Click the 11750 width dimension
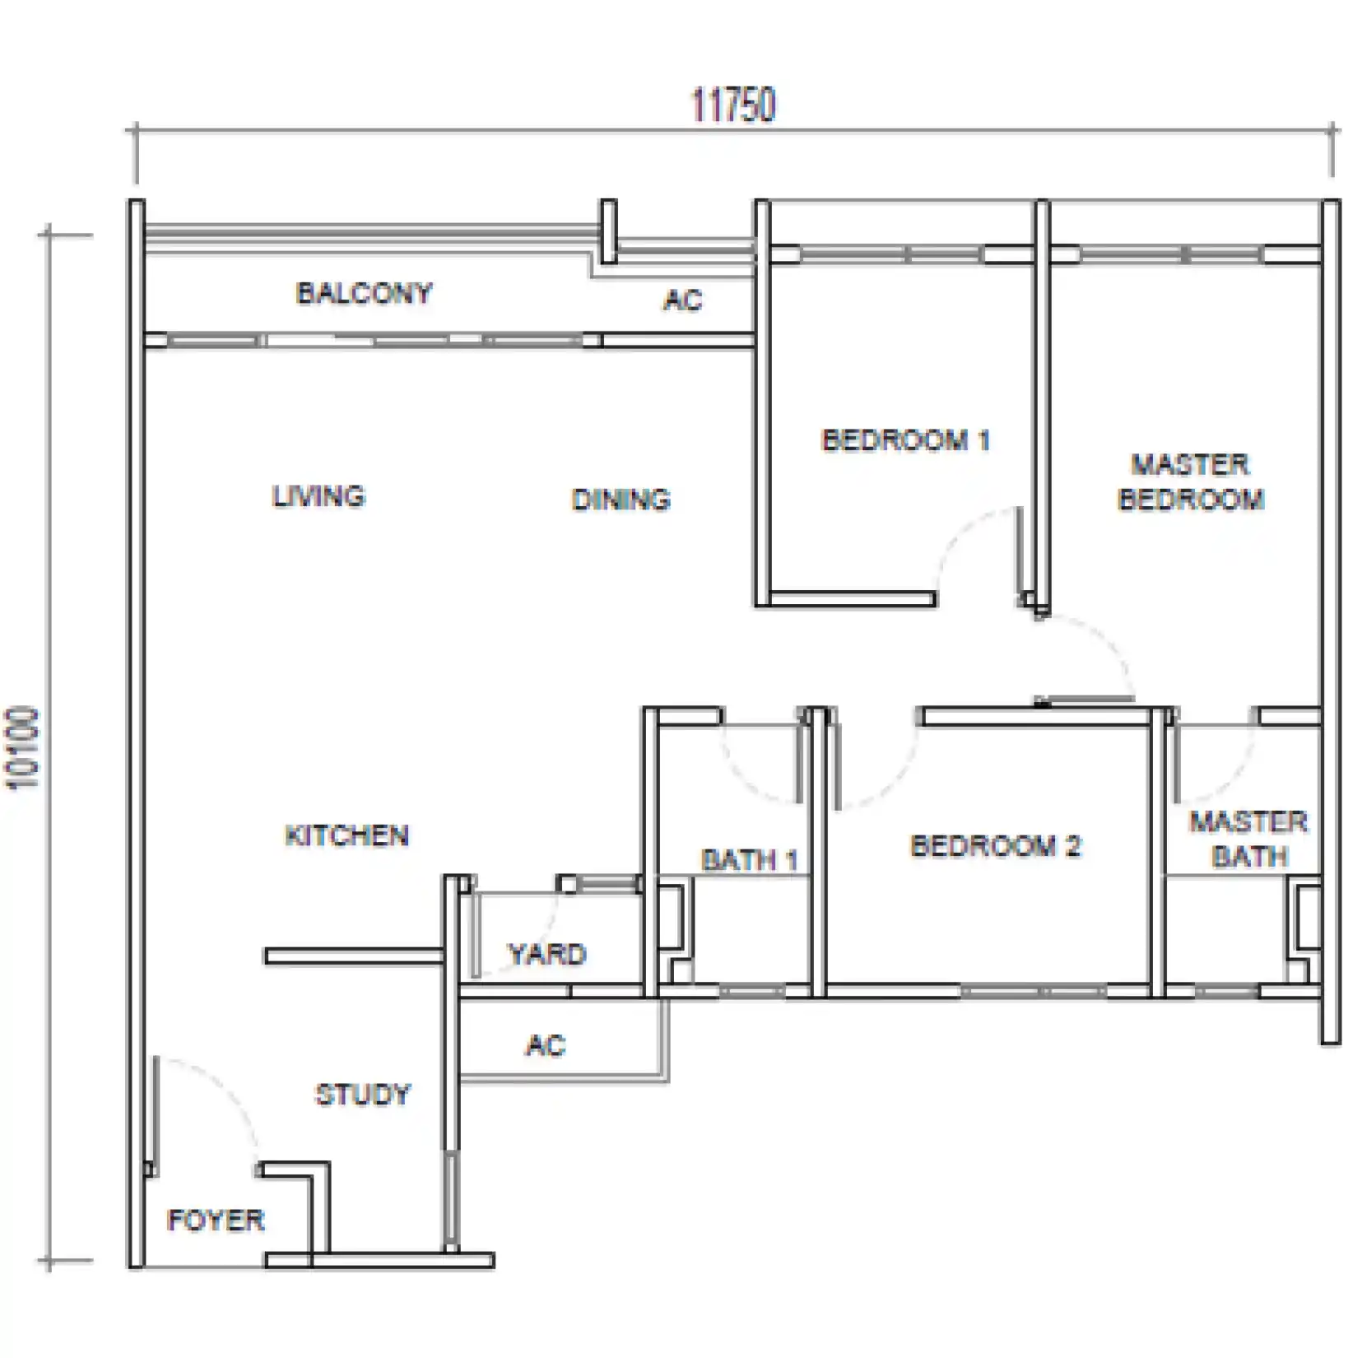[x=733, y=105]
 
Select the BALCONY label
[x=364, y=293]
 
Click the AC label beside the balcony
[x=682, y=300]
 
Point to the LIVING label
[x=319, y=496]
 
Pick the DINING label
[x=621, y=500]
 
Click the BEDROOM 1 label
[x=905, y=440]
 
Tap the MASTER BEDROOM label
[x=1191, y=482]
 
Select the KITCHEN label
[x=346, y=836]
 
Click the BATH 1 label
[x=750, y=861]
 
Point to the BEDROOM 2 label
[x=995, y=846]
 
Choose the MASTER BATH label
[x=1249, y=839]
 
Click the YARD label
[x=547, y=955]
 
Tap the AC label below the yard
[x=546, y=1046]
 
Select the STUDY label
[x=363, y=1095]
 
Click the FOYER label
[x=216, y=1220]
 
